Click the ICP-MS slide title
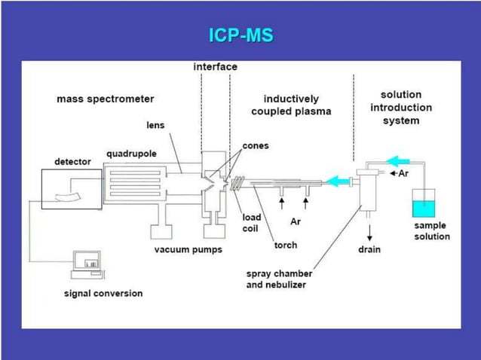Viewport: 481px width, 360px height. (x=240, y=35)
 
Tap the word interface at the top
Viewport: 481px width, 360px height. (x=215, y=67)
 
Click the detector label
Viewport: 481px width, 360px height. (x=72, y=161)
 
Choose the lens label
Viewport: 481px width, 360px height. (x=155, y=125)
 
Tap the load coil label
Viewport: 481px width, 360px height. (x=251, y=223)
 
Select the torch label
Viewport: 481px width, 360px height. (x=285, y=245)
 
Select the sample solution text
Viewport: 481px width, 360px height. (x=431, y=231)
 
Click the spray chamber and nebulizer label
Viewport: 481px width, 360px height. (x=279, y=279)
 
